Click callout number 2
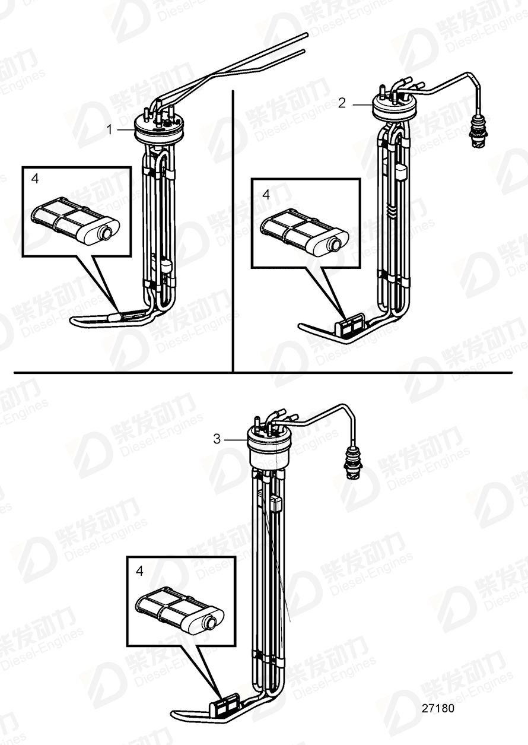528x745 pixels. (342, 103)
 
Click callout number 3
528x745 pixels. (217, 439)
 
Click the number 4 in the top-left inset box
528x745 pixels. (35, 178)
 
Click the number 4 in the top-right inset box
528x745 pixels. (266, 194)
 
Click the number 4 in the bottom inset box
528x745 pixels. (139, 571)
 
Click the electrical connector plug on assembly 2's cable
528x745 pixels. (476, 132)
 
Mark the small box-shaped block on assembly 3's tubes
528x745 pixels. (276, 505)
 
